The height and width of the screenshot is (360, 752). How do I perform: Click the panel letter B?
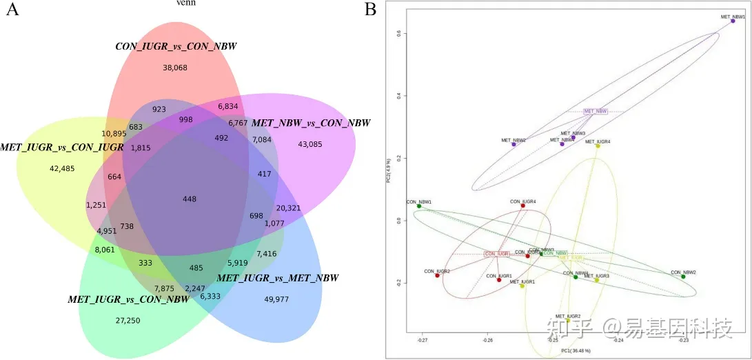point(370,10)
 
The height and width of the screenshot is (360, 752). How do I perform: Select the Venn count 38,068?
point(175,68)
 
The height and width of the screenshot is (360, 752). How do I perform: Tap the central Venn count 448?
point(190,199)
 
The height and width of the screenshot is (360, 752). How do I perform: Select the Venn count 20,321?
point(288,208)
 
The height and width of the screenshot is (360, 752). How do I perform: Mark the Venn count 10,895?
point(114,133)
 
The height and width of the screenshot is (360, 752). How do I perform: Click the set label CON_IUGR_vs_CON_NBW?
point(176,47)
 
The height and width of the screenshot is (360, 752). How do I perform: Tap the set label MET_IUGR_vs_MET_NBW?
point(278,278)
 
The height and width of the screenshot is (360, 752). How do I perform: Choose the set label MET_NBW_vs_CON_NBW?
point(311,123)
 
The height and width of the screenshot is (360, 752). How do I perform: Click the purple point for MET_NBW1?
point(733,21)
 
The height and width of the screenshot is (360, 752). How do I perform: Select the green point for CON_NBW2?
point(683,277)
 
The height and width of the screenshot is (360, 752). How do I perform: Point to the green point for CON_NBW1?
point(418,206)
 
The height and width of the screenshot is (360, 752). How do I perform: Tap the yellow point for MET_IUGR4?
point(598,146)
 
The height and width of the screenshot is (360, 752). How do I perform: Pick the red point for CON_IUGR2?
point(437,275)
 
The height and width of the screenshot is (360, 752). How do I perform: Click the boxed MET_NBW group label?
point(596,111)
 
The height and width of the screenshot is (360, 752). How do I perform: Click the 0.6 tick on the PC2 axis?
point(399,33)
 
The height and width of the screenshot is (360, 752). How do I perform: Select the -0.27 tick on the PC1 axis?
point(423,340)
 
